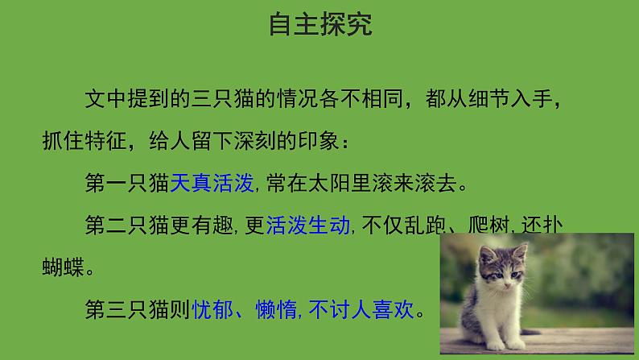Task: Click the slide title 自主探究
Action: (320, 25)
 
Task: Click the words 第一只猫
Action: (126, 183)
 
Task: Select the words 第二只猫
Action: (126, 225)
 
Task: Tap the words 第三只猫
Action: (126, 308)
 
